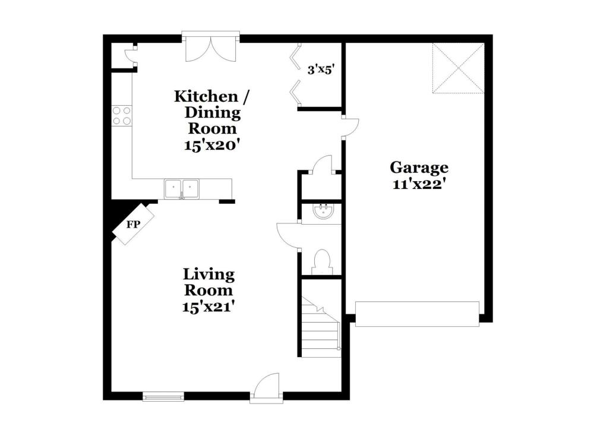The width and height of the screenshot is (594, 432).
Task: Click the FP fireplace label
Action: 133,225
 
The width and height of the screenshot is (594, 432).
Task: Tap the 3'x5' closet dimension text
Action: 321,70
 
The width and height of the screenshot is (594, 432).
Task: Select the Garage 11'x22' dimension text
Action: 418,185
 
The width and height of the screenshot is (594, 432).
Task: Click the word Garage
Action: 419,168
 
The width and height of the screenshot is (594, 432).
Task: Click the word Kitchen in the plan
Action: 206,96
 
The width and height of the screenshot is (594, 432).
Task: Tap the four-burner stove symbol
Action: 121,116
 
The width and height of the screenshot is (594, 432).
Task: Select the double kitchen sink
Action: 182,188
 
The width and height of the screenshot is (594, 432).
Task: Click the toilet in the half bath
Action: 323,261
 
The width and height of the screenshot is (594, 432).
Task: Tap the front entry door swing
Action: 267,386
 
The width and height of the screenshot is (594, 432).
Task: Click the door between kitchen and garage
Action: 350,127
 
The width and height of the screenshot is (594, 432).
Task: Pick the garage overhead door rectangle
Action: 417,314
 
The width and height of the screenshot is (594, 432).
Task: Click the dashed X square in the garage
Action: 459,68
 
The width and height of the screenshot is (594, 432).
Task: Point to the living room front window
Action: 163,397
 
